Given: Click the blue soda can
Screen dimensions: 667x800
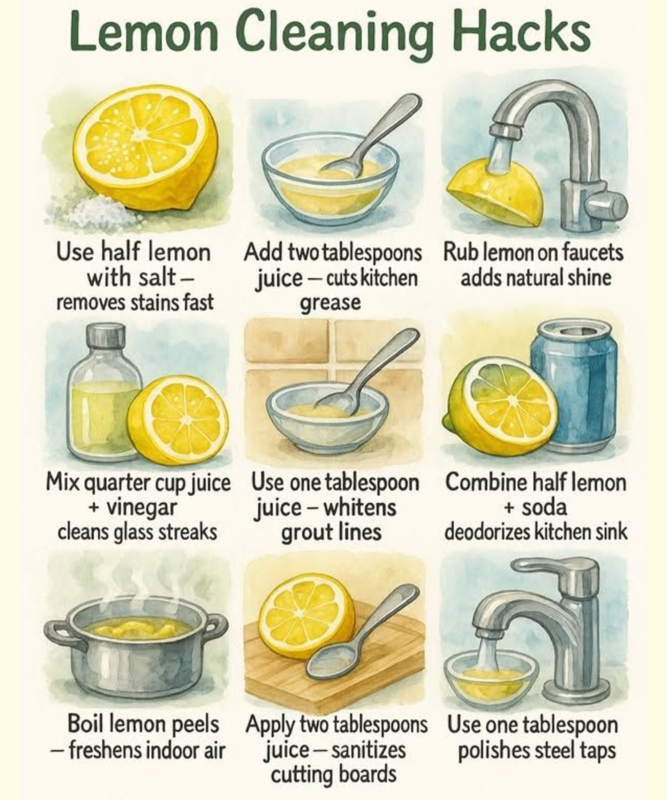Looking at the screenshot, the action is (x=574, y=386).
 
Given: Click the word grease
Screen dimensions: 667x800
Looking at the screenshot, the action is (x=330, y=303).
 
